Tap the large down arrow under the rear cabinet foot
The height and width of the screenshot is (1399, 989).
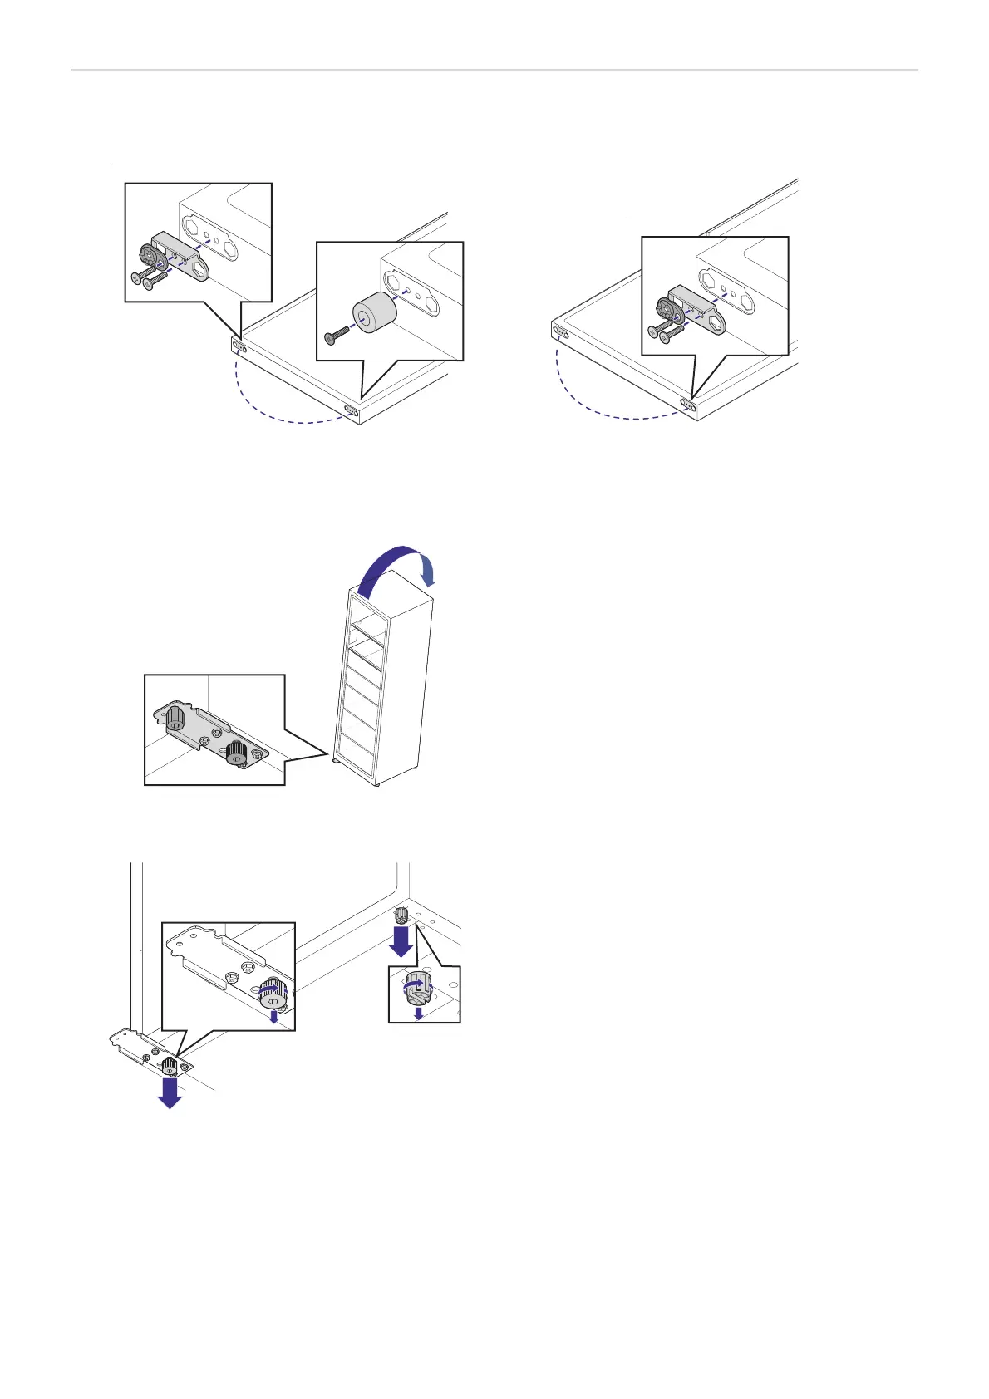pos(401,941)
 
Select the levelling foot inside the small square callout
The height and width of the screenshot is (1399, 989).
pos(418,989)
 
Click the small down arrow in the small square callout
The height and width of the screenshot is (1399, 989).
pos(419,1013)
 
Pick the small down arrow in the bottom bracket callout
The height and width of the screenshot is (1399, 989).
pos(274,1016)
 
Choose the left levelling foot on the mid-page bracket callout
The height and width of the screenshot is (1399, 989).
pos(175,717)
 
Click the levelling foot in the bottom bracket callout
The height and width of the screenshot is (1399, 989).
pos(271,992)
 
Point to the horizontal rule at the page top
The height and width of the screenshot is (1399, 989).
pos(494,70)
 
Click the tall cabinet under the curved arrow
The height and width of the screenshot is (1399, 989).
pos(382,681)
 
